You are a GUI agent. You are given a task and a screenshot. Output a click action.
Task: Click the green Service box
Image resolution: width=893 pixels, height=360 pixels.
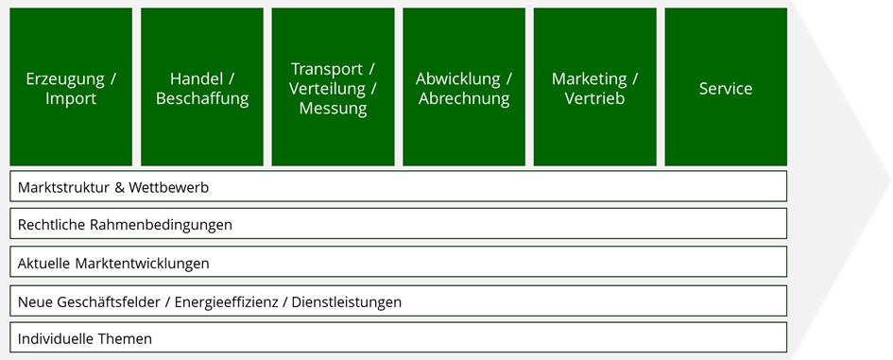pyautogui.click(x=726, y=87)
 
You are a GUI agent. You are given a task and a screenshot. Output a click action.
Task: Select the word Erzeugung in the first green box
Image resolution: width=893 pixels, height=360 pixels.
pyautogui.click(x=65, y=79)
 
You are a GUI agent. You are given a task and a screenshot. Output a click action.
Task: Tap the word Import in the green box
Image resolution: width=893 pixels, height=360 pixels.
pyautogui.click(x=71, y=98)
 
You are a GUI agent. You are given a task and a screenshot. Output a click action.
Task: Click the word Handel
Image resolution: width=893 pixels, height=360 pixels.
pyautogui.click(x=194, y=78)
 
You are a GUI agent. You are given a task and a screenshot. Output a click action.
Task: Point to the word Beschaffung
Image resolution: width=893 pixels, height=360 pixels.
pyautogui.click(x=202, y=98)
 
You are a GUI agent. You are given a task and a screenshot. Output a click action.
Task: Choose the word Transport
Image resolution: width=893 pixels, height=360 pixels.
pyautogui.click(x=327, y=69)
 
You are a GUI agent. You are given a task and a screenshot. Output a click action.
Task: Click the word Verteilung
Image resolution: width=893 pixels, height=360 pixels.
pyautogui.click(x=319, y=88)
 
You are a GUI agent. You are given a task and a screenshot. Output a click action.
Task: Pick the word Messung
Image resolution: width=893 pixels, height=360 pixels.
pyautogui.click(x=334, y=109)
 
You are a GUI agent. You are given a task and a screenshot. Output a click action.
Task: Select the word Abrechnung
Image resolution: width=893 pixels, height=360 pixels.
pyautogui.click(x=464, y=98)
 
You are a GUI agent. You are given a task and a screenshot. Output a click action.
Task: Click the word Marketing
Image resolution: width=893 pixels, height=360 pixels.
pyautogui.click(x=589, y=79)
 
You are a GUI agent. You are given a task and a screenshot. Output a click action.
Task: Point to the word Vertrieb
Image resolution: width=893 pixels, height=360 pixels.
pyautogui.click(x=594, y=98)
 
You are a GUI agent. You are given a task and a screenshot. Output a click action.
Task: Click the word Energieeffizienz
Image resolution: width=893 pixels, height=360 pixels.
pyautogui.click(x=226, y=302)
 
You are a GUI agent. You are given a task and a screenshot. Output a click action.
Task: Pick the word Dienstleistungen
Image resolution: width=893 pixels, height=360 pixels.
pyautogui.click(x=346, y=302)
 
